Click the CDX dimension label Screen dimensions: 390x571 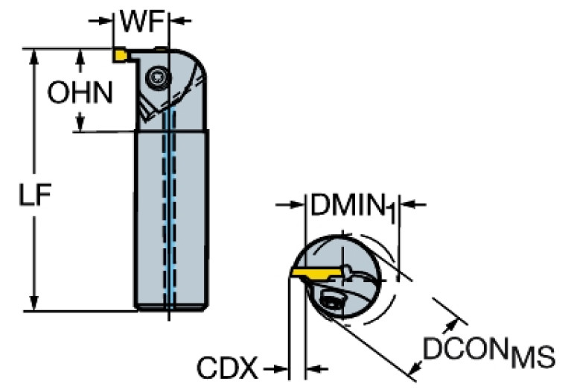point(227,368)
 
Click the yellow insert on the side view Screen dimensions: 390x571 point(120,54)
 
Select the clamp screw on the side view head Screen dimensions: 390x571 point(158,75)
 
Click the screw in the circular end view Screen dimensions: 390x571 point(330,301)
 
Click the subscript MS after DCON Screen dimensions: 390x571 point(531,359)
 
